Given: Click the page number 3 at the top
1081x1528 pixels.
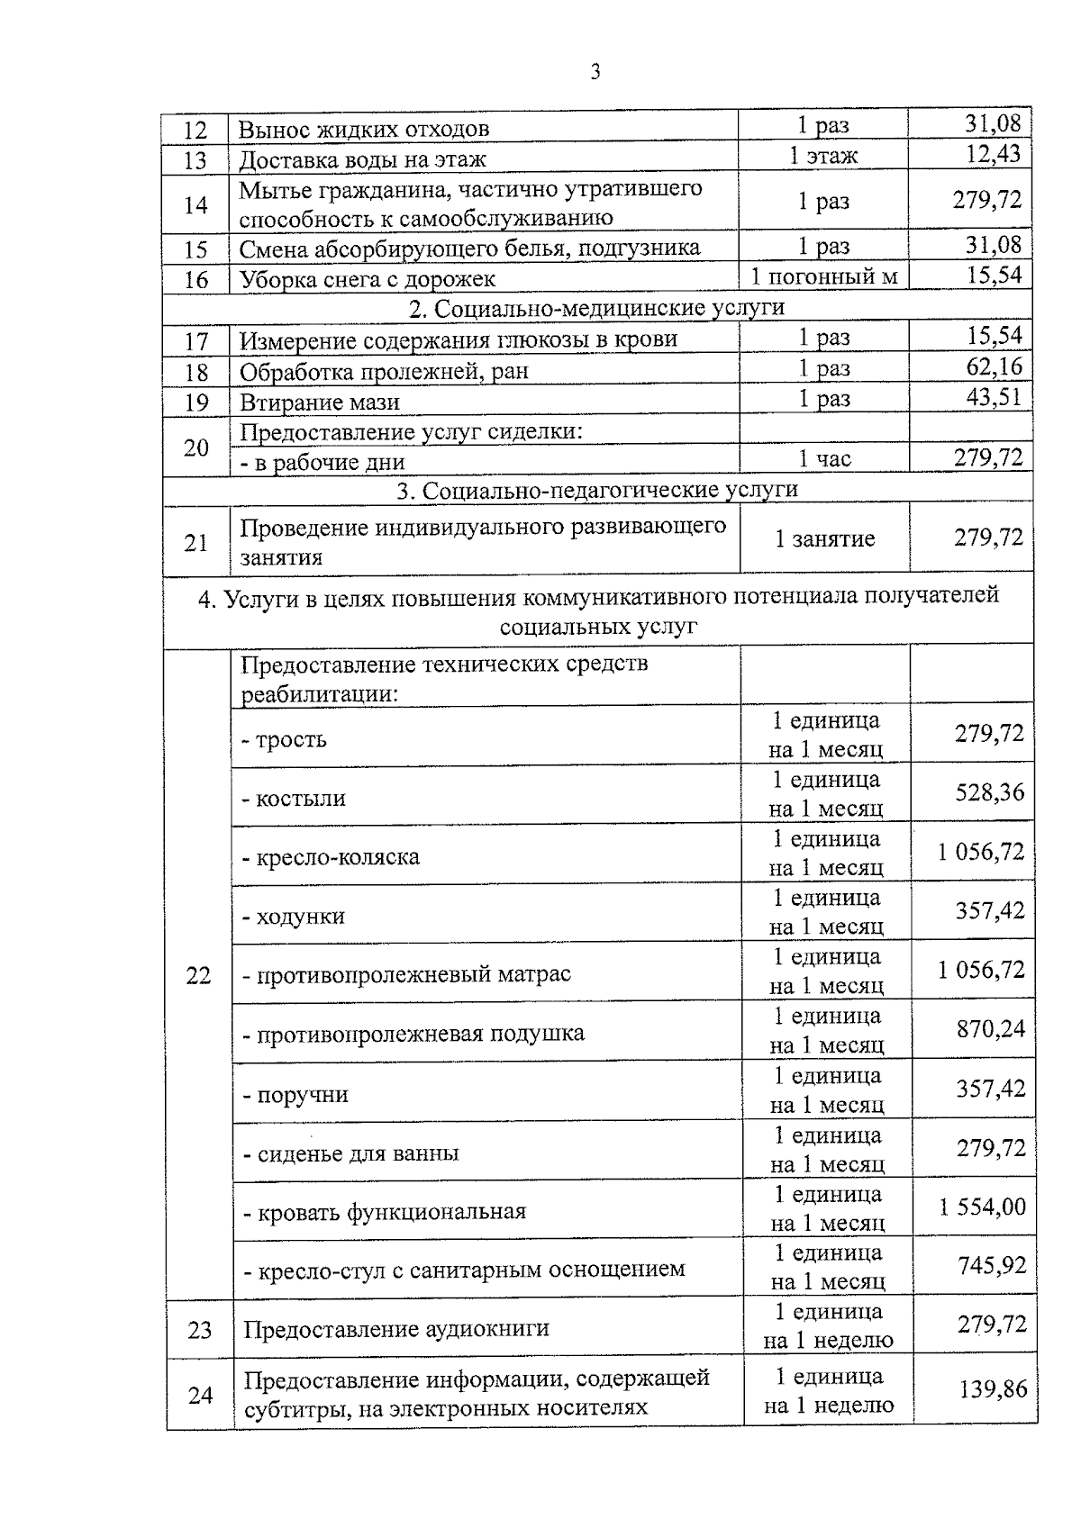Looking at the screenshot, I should pos(595,72).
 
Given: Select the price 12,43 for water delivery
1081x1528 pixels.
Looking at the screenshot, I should pos(993,154).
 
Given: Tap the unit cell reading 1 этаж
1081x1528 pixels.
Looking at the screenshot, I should pos(823,156).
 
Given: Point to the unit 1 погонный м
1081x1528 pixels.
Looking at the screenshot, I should pos(824,276).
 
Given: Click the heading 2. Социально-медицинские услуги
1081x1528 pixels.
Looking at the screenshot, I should pos(596,308).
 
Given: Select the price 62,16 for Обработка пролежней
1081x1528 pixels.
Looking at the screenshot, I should pos(994,366).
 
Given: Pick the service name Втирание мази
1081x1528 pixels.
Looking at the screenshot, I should pos(319,402).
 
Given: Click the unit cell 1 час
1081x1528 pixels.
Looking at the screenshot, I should pos(824,459).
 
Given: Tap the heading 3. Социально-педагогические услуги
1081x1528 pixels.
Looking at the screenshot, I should pos(597,490).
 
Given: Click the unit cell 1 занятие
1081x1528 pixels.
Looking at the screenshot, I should pos(824,539).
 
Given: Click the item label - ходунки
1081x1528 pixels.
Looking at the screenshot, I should pos(294,917).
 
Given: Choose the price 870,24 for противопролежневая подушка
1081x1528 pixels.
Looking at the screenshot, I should pos(990,1029).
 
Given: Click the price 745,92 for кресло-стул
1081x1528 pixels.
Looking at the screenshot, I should pos(991,1266).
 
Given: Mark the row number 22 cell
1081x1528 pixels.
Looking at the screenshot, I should pos(197,975).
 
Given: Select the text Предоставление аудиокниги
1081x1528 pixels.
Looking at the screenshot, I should pos(396,1329).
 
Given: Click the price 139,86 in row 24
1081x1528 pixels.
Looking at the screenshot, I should pos(992,1389).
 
